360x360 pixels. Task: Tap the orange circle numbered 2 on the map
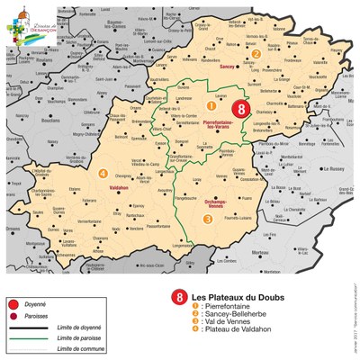point(256,54)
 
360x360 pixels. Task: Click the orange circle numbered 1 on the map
point(188,105)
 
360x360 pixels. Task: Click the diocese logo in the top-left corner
point(17,17)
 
